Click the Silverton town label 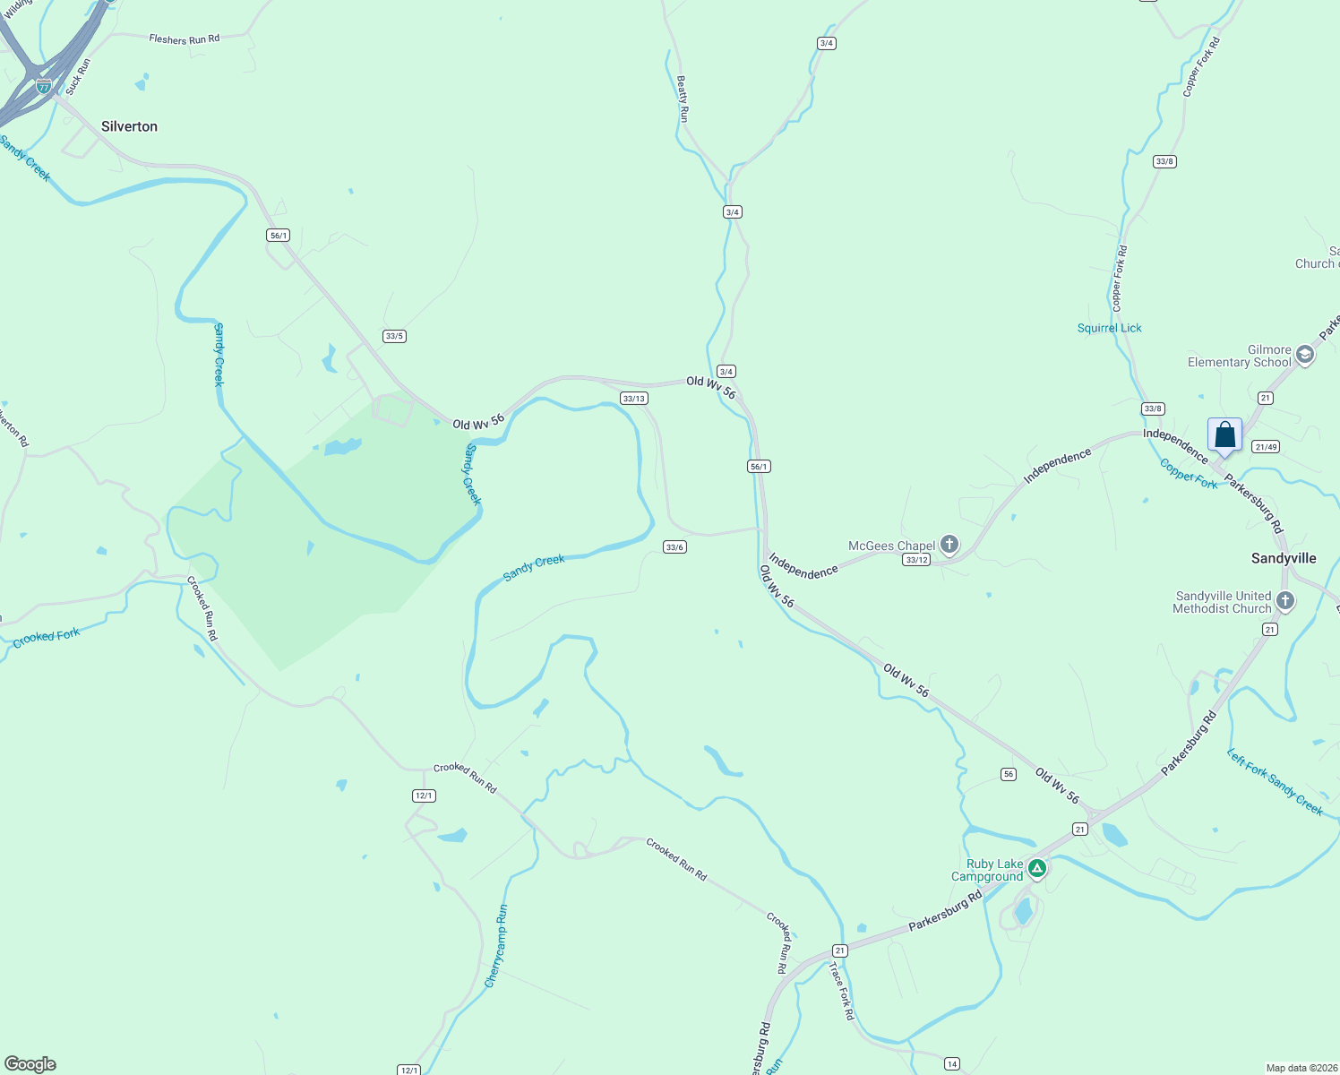[129, 126]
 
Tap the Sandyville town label [1284, 558]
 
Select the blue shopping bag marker [1224, 435]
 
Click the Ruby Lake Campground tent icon [1037, 867]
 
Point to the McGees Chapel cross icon [949, 544]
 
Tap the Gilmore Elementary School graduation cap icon [1305, 355]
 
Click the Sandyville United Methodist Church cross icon [1285, 601]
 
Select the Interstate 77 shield [44, 87]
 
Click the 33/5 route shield [394, 336]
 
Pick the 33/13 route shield [634, 399]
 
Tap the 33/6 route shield [674, 547]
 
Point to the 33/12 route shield [916, 560]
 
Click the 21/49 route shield [1266, 446]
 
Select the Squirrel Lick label [1109, 328]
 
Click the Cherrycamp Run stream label [496, 946]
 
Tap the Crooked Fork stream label [47, 637]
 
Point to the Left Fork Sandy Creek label [1275, 782]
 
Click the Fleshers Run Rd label [184, 39]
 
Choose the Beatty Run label [683, 99]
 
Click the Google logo [30, 1064]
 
